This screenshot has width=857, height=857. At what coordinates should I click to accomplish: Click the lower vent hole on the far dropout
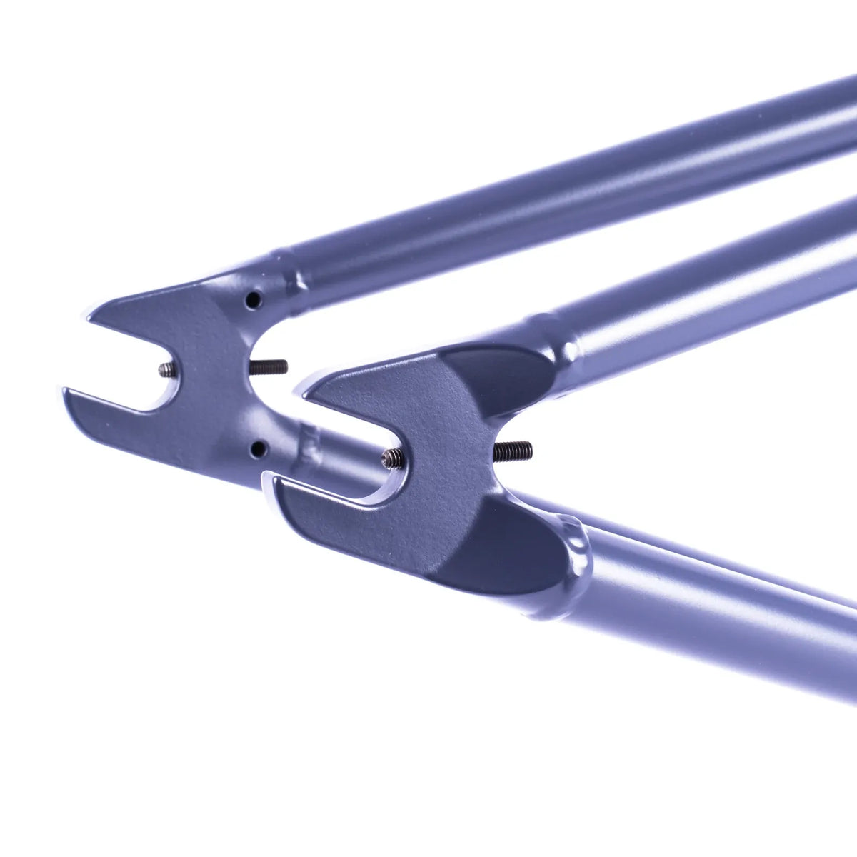[258, 448]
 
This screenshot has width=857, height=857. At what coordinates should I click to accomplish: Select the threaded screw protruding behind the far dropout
[269, 367]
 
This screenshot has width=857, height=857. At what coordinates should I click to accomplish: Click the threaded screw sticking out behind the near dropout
[513, 451]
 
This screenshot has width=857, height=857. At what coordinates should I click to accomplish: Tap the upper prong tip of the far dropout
[93, 314]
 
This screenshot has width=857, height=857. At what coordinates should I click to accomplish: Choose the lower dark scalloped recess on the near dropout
[507, 550]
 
